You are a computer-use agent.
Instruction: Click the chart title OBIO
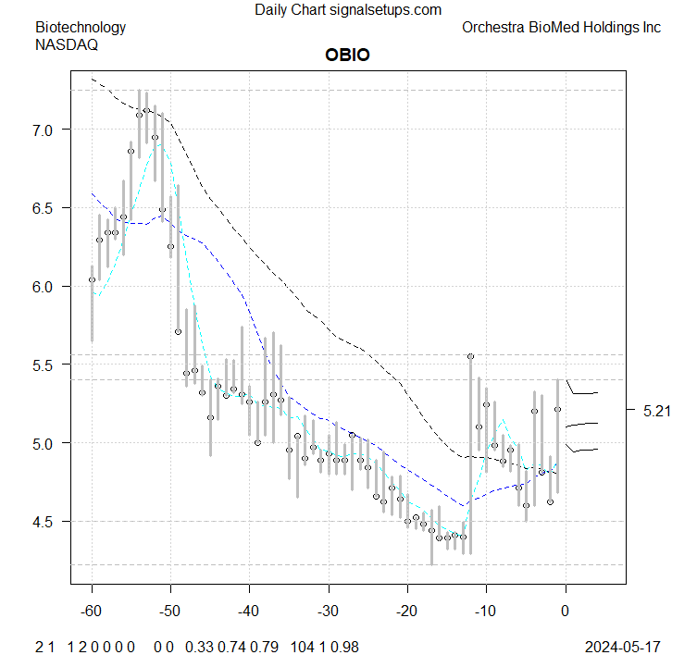(347, 55)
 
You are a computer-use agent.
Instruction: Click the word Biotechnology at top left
(81, 28)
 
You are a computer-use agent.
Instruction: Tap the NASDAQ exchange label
(67, 43)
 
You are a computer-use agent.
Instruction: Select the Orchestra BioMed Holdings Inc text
(561, 28)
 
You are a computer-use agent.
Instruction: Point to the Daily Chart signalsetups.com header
(348, 10)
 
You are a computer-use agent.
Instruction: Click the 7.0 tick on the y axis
(45, 130)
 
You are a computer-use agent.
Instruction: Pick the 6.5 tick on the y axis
(45, 209)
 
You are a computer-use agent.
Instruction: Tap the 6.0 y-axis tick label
(45, 287)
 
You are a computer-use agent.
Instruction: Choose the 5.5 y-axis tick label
(45, 365)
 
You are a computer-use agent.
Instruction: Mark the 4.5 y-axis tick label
(45, 522)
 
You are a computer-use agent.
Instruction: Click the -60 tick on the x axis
(92, 612)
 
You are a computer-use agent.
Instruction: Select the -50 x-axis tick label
(170, 612)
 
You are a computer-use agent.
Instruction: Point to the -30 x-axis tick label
(328, 612)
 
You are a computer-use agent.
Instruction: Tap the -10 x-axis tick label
(486, 612)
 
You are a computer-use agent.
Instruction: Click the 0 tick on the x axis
(565, 612)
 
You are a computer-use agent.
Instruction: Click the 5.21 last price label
(657, 410)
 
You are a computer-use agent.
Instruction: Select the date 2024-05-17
(622, 646)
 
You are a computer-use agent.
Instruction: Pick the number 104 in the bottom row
(302, 646)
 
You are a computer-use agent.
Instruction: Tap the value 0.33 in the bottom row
(198, 646)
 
